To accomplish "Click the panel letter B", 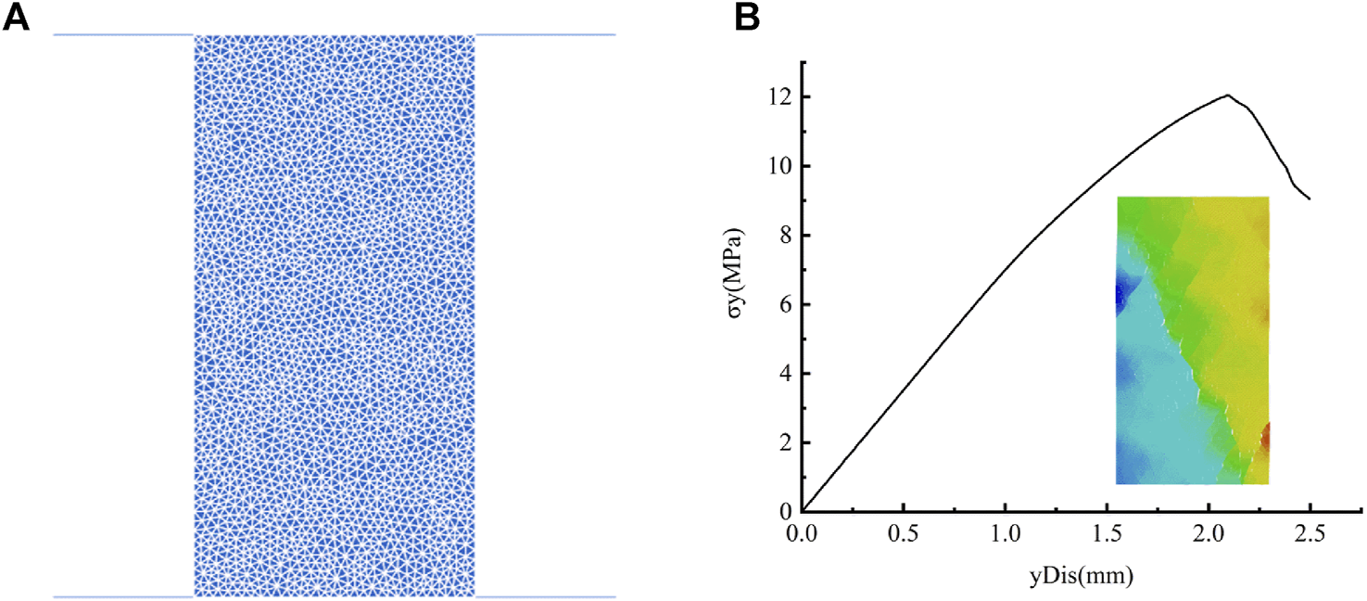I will pos(748,18).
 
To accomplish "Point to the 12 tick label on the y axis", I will pos(777,97).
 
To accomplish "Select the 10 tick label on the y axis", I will pos(777,167).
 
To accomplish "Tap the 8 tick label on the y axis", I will pos(782,236).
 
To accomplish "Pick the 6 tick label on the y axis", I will pos(782,305).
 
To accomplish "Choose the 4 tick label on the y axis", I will pos(782,374).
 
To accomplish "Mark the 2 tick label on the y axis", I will pos(782,443).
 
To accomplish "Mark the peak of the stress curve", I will pos(1228,95).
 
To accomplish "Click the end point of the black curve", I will pos(1310,198).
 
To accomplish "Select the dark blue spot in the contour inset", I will pos(1120,295).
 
